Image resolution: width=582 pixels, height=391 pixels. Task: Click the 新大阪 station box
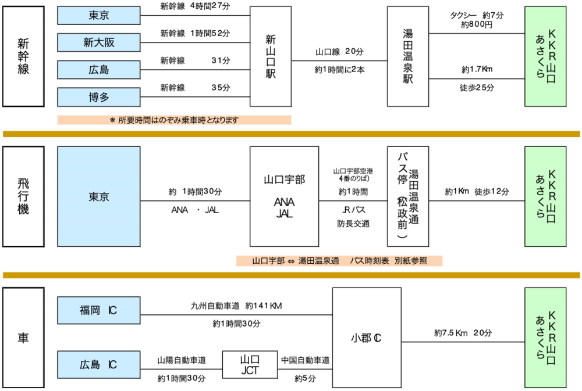tap(98, 42)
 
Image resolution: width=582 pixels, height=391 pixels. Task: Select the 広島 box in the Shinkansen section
tap(98, 70)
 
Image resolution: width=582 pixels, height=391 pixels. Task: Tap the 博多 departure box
tap(98, 97)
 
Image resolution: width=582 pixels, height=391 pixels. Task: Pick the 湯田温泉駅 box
tap(407, 57)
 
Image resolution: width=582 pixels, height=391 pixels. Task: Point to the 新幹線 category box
tap(23, 57)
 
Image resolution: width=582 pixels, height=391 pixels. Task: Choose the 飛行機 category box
tap(23, 196)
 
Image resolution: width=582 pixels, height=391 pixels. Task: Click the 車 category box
tap(23, 338)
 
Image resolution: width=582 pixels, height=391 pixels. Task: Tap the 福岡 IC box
tap(98, 311)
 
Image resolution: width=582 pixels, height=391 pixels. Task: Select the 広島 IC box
tap(98, 365)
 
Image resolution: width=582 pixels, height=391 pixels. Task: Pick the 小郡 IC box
tap(367, 338)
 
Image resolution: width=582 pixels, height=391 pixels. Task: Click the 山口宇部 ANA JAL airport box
tap(284, 196)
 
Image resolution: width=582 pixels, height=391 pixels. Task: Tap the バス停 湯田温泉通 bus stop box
tap(407, 196)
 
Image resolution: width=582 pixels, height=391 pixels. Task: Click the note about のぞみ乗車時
tap(174, 120)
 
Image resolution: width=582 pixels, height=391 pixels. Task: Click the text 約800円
tap(477, 25)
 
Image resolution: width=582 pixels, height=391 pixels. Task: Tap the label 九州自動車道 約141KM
tap(236, 306)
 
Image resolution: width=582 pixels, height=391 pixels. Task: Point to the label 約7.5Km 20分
tap(463, 333)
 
